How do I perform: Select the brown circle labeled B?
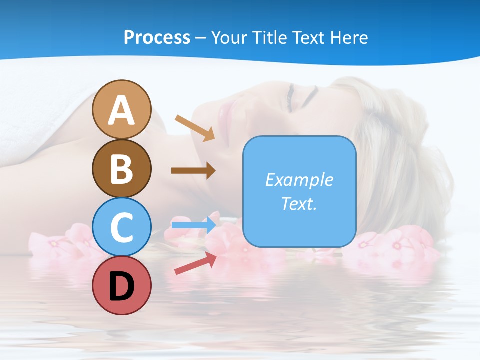pos(121,169)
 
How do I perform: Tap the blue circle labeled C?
pos(121,227)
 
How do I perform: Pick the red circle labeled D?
pos(121,286)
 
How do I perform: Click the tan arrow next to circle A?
pos(195,127)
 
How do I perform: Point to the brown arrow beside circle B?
pos(193,171)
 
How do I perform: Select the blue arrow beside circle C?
pos(194,225)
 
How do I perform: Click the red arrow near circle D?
pos(195,263)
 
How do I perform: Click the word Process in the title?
pos(157,37)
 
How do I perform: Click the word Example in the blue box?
pos(299,180)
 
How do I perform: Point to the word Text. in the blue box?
pos(299,203)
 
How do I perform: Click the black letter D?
pos(121,287)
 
